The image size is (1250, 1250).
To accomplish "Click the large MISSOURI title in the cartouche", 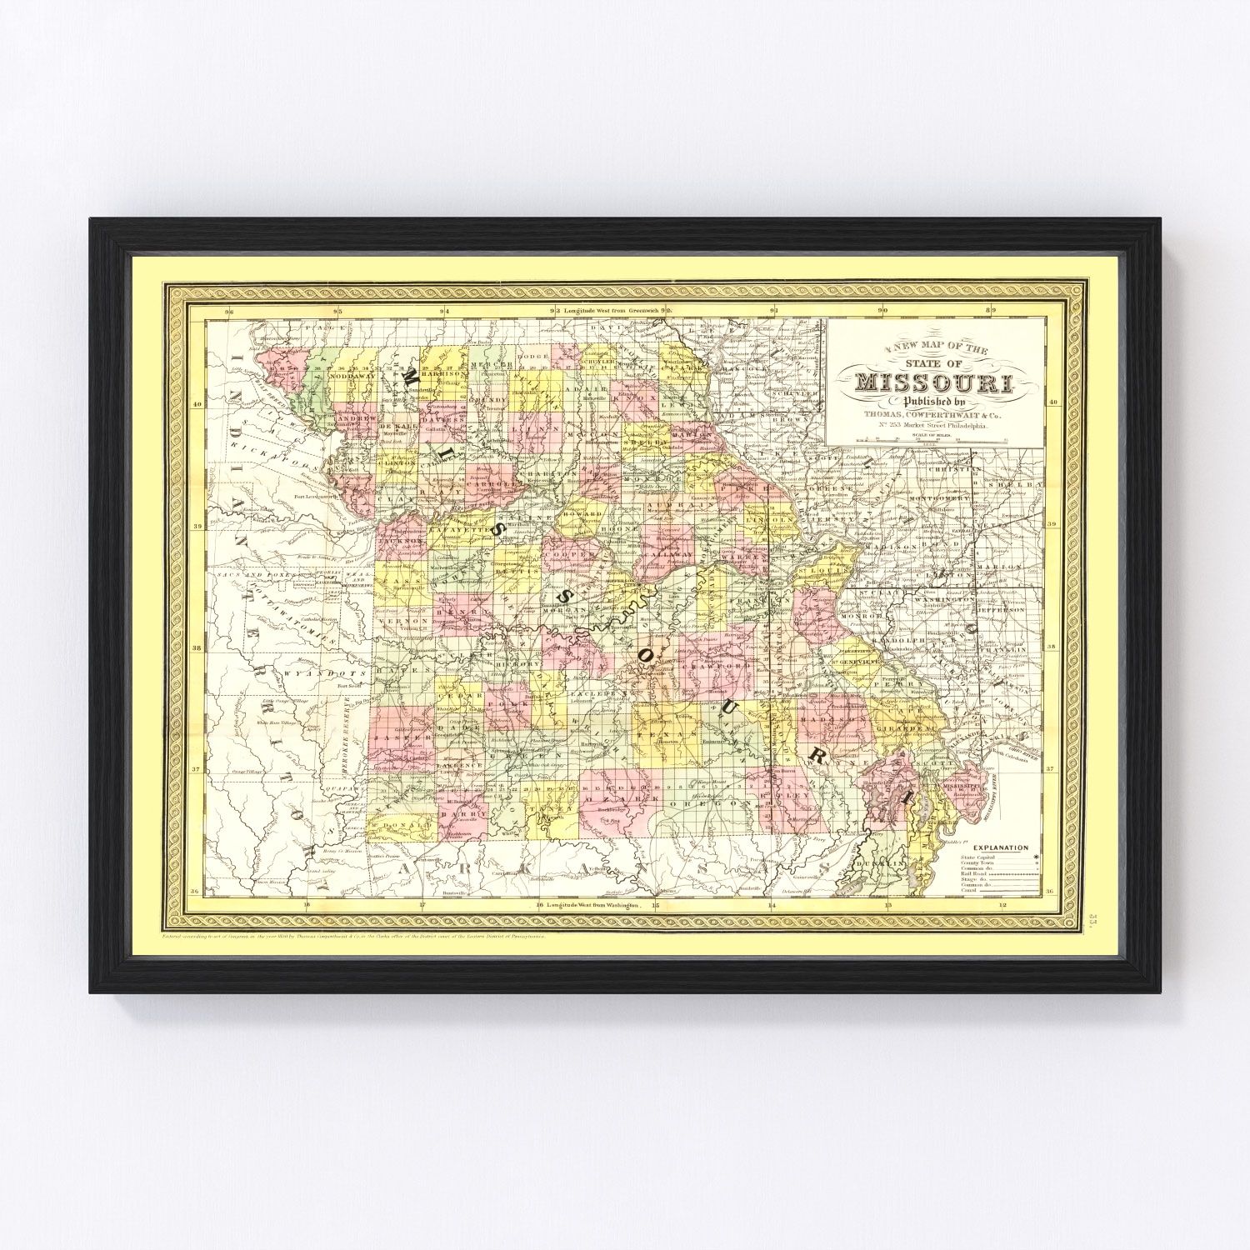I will pos(934,384).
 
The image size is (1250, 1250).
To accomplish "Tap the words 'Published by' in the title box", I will pos(934,403).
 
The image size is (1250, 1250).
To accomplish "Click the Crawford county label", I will pos(710,667).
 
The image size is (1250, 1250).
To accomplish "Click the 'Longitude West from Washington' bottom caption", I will pos(592,904).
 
